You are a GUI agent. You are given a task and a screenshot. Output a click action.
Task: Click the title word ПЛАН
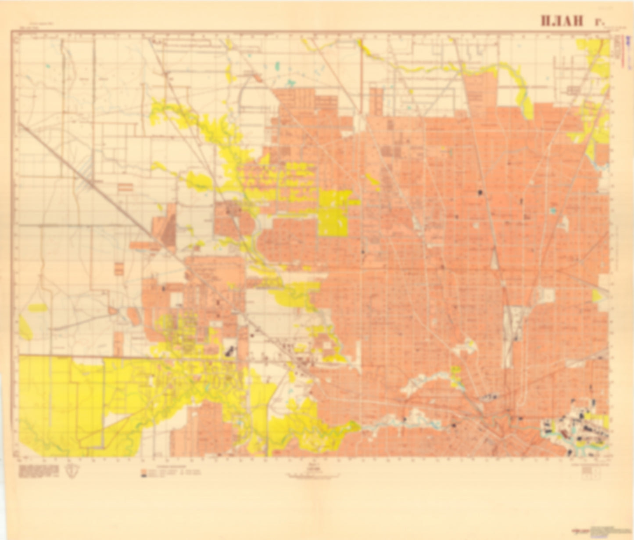click(x=562, y=21)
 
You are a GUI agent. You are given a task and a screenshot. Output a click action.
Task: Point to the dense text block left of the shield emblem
click(x=39, y=470)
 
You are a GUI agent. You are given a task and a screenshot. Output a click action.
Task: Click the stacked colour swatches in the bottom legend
click(x=143, y=473)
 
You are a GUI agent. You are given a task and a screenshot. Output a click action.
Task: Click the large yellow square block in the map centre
click(x=333, y=213)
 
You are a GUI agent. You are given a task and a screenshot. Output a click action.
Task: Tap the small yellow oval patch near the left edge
click(x=38, y=308)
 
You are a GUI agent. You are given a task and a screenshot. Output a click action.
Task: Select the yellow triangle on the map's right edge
click(x=597, y=296)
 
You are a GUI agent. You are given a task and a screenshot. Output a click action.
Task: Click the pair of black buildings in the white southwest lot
click(x=229, y=351)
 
